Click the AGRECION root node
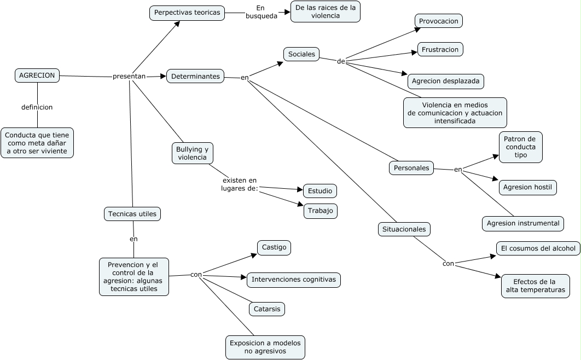(x=37, y=75)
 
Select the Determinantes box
(x=195, y=76)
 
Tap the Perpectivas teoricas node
(x=187, y=13)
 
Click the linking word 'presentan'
(x=129, y=76)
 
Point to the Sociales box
(x=301, y=54)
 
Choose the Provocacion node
(x=439, y=21)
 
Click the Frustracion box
(x=440, y=49)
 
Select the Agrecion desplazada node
(x=446, y=81)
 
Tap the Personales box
(x=411, y=168)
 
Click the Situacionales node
(x=404, y=229)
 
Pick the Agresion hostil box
(x=527, y=188)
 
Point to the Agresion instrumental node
(x=523, y=223)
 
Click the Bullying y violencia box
(x=193, y=153)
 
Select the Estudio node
(x=320, y=191)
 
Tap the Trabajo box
(x=321, y=211)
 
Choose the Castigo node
(x=274, y=247)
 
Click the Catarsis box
(x=267, y=309)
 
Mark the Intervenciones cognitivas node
(x=294, y=280)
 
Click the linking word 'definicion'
(x=37, y=107)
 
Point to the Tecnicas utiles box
(x=132, y=214)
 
